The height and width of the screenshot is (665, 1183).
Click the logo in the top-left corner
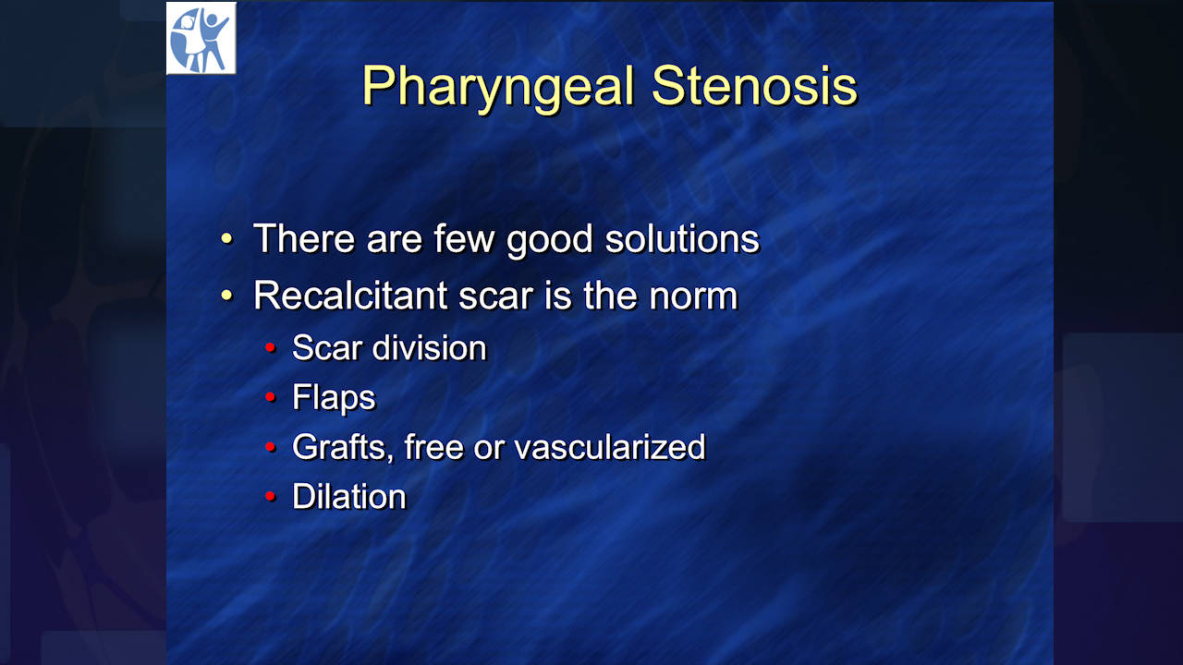coord(201,38)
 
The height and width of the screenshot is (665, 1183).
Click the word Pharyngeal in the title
coord(498,88)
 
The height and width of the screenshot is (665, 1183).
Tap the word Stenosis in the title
coord(755,86)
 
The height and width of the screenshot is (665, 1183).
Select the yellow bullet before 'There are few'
coord(226,238)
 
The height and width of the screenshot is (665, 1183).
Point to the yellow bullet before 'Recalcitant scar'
coord(226,295)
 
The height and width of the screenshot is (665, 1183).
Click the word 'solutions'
coord(682,239)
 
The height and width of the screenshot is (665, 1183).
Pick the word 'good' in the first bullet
coord(549,242)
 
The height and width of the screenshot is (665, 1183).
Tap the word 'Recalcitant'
coord(350,296)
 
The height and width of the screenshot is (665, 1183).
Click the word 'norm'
coord(693,298)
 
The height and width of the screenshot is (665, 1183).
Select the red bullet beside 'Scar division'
coord(271,347)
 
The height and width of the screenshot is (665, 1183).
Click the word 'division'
coord(430,348)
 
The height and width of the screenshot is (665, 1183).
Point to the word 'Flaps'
coord(334,398)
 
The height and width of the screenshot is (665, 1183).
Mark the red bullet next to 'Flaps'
coord(271,396)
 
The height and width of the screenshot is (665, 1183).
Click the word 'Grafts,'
coord(343,448)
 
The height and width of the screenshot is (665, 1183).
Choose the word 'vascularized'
coord(610,448)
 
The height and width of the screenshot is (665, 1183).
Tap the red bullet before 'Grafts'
coord(271,447)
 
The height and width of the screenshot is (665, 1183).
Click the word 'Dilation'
coord(349,497)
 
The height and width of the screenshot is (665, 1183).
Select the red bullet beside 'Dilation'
coord(271,496)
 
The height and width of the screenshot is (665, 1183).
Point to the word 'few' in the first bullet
coord(464,239)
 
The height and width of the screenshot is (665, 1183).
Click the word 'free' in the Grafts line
coord(433,447)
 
